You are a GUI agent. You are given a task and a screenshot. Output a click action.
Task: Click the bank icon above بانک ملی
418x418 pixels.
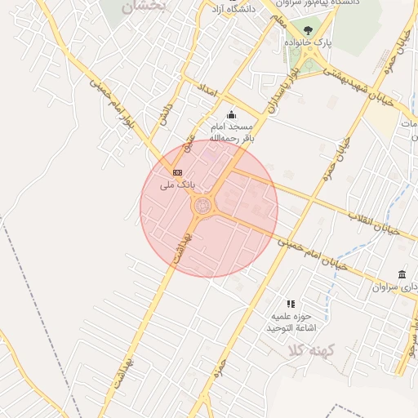(x=177, y=172)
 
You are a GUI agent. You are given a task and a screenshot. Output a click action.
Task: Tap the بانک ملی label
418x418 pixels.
(x=178, y=185)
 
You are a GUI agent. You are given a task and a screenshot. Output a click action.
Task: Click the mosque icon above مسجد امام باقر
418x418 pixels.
(x=231, y=114)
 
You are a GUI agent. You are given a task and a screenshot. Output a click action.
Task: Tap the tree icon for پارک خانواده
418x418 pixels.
(x=307, y=30)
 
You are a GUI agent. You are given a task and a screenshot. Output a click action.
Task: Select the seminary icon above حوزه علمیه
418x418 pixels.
(x=290, y=304)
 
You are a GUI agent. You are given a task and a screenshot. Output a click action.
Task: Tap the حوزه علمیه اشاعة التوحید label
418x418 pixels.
(x=291, y=322)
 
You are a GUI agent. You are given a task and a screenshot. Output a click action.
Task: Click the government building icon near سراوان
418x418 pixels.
(x=401, y=274)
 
